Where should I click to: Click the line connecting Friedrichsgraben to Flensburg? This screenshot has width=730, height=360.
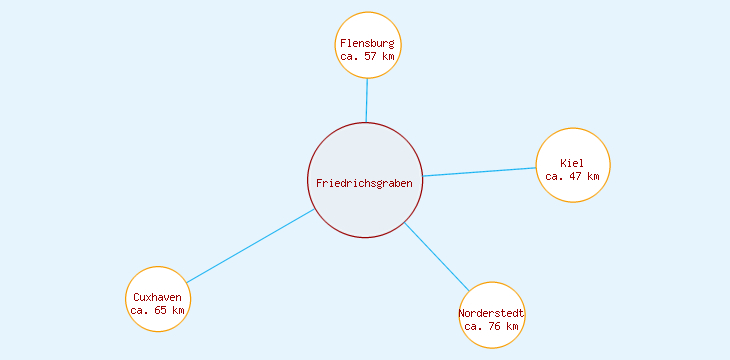pyautogui.click(x=367, y=100)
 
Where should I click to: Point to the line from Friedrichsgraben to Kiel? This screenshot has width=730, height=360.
pyautogui.click(x=480, y=172)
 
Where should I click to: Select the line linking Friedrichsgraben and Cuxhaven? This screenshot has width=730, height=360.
pyautogui.click(x=250, y=246)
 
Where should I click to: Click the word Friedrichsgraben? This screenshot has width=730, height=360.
pyautogui.click(x=364, y=183)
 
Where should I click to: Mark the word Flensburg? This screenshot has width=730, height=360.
pyautogui.click(x=367, y=44)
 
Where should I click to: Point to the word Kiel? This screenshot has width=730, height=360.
pyautogui.click(x=572, y=163)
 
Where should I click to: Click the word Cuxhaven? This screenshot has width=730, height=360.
pyautogui.click(x=158, y=298)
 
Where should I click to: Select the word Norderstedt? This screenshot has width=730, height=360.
pyautogui.click(x=492, y=314)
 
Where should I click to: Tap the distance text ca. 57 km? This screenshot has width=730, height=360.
pyautogui.click(x=367, y=57)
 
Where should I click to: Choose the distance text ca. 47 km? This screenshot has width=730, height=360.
pyautogui.click(x=572, y=176)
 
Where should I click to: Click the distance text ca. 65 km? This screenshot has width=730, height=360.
pyautogui.click(x=158, y=311)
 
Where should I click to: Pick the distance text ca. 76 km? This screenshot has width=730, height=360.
pyautogui.click(x=492, y=327)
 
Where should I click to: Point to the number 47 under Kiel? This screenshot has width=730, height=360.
pyautogui.click(x=576, y=176)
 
